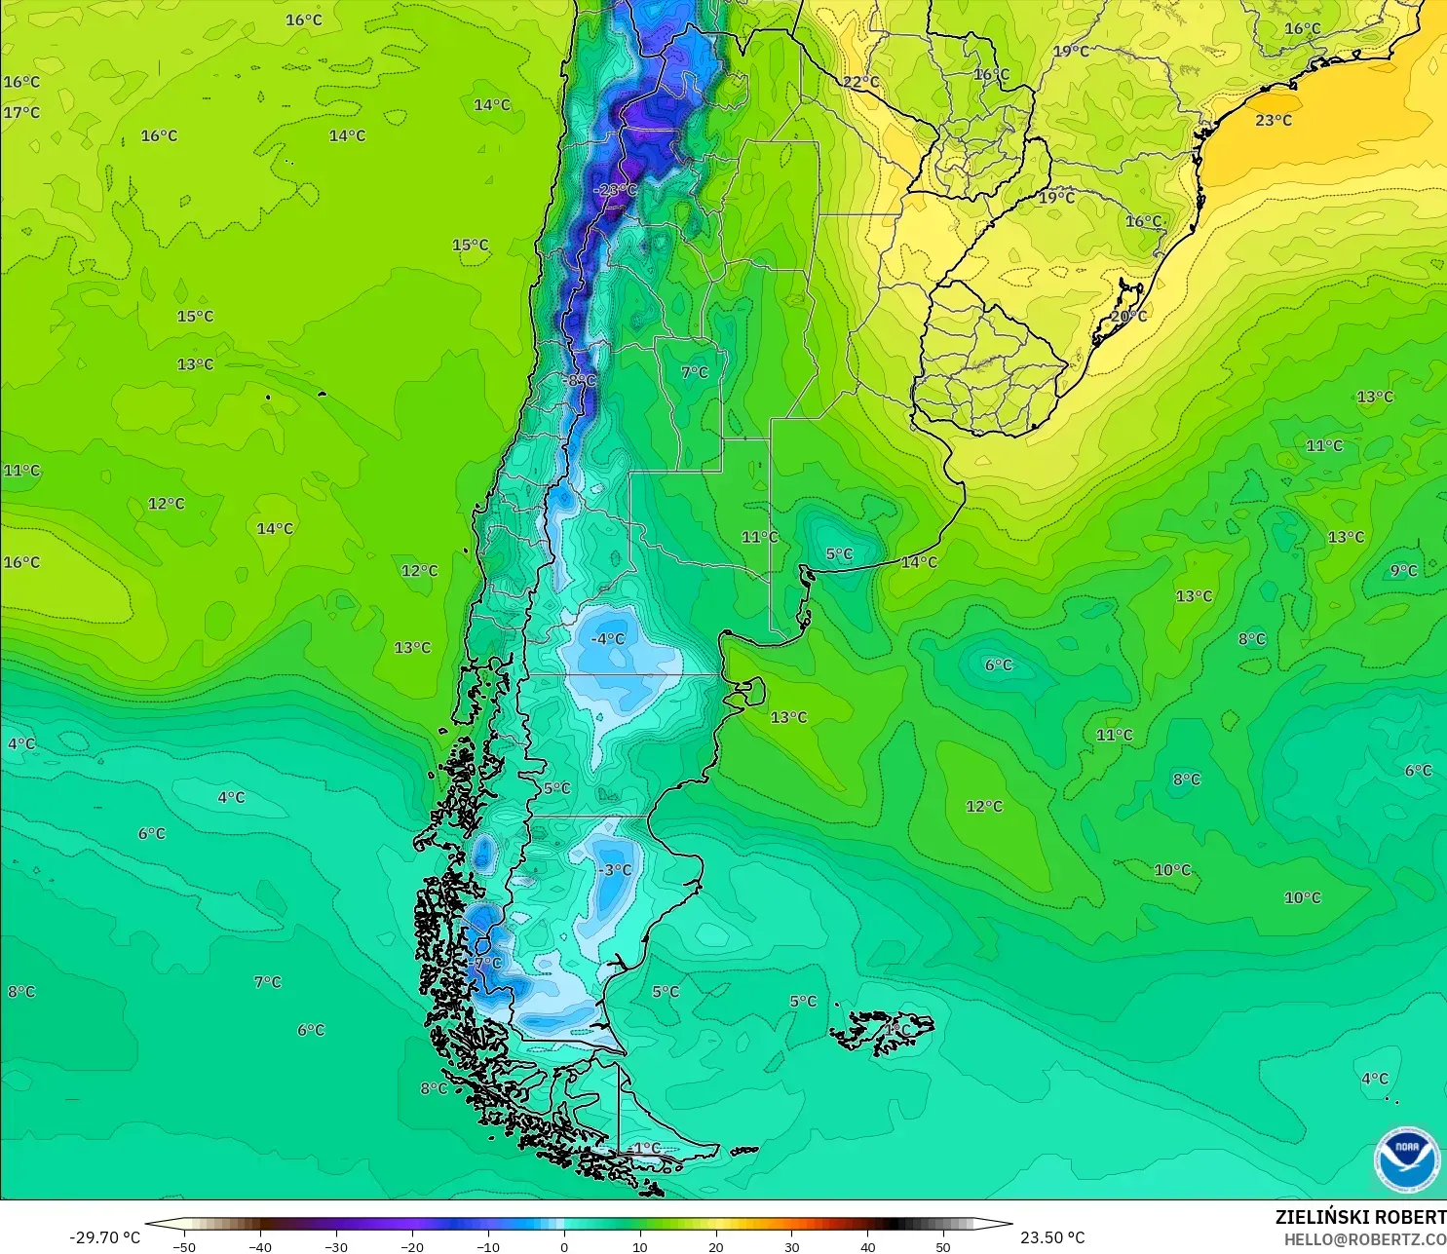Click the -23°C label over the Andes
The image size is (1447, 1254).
(x=615, y=190)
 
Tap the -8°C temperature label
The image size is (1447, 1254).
(x=580, y=380)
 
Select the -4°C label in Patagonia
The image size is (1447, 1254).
(x=608, y=639)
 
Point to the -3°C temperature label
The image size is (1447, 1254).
(x=616, y=870)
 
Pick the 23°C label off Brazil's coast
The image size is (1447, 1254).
(x=1274, y=121)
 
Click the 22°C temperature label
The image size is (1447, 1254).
(x=860, y=82)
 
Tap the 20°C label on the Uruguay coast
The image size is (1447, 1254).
(x=1128, y=317)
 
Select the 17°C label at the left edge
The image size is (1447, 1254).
(x=21, y=113)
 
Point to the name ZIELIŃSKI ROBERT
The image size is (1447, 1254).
(x=1360, y=1217)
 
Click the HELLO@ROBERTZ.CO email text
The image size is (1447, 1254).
(x=1364, y=1239)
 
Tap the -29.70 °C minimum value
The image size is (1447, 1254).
(x=104, y=1237)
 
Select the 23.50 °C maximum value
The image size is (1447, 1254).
(x=1052, y=1237)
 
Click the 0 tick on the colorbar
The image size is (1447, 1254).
(x=564, y=1247)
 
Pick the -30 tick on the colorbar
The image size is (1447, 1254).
(x=335, y=1247)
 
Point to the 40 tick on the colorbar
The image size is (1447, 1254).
(x=867, y=1247)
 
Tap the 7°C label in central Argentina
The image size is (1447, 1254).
(x=695, y=372)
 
